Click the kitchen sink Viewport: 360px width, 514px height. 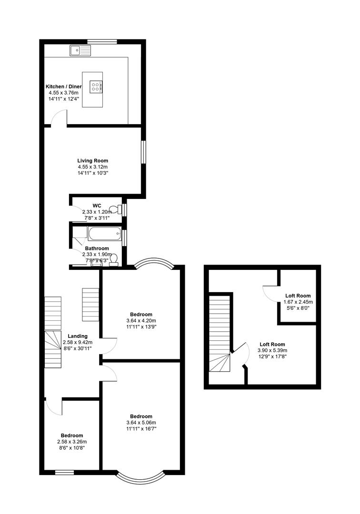tap(80, 49)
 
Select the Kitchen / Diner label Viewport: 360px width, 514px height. tap(64, 87)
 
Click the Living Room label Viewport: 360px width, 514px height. tap(93, 161)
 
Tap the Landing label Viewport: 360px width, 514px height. tap(78, 336)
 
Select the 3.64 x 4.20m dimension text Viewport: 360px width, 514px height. tap(141, 320)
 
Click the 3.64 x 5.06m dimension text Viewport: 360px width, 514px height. tap(141, 422)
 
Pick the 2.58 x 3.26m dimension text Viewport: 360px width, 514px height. tap(72, 442)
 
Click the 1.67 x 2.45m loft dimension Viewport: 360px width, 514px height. tap(298, 302)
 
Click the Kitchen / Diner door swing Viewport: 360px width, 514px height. tap(59, 117)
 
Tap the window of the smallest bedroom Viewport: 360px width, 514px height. tap(64, 473)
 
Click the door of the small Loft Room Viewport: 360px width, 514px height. tap(270, 294)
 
